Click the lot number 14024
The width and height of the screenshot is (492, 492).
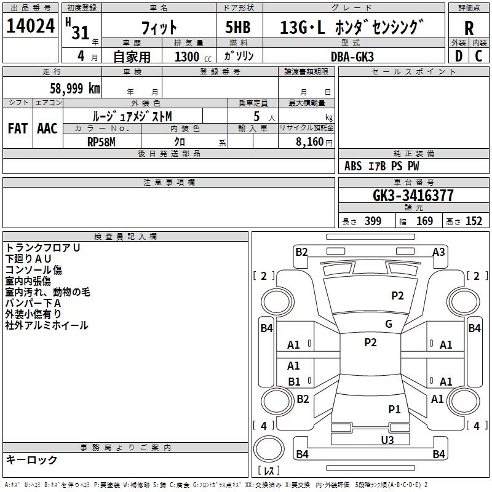(x=30, y=26)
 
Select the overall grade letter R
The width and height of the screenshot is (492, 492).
(x=469, y=28)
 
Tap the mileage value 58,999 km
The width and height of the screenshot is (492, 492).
(x=75, y=88)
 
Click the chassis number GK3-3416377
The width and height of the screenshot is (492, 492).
(x=413, y=196)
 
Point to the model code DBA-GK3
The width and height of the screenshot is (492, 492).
(x=352, y=57)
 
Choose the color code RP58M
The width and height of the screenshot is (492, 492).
(x=101, y=142)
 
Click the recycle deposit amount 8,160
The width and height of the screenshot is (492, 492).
(x=309, y=142)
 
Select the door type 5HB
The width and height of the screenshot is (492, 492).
(x=238, y=27)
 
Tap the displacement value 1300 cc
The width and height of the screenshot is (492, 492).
(x=193, y=57)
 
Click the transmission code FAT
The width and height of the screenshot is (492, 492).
(x=18, y=129)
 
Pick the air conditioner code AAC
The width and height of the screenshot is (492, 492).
(x=47, y=129)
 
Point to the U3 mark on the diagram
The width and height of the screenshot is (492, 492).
(x=387, y=440)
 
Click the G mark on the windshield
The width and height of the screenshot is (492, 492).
(x=389, y=324)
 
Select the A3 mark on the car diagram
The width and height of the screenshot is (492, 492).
(x=438, y=252)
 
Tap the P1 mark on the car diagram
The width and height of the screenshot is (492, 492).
(x=394, y=409)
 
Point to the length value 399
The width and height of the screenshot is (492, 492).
(x=373, y=221)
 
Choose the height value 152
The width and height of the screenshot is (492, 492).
(x=474, y=221)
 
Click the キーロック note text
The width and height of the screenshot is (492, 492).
(x=31, y=459)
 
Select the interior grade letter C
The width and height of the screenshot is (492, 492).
(x=478, y=56)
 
